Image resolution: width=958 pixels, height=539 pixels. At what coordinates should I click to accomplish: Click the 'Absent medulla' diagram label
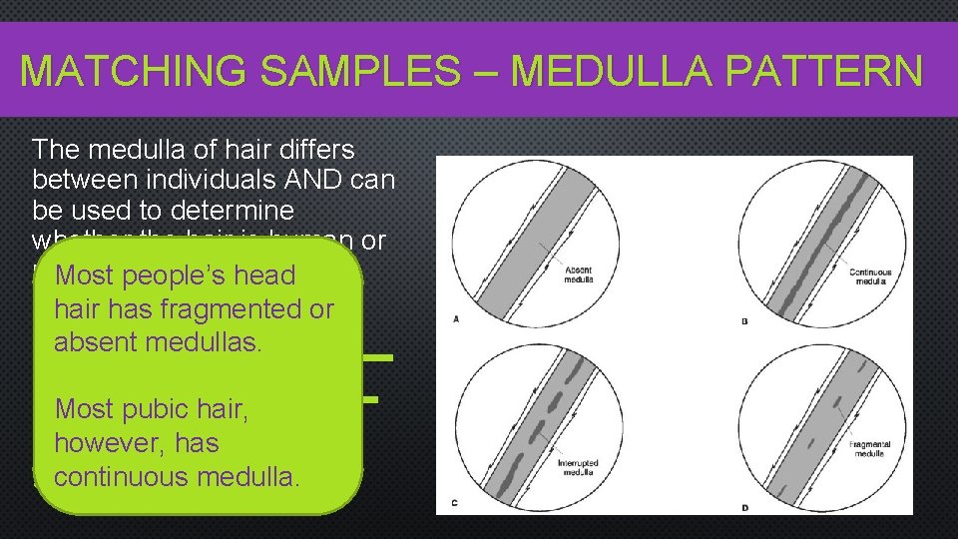(x=578, y=274)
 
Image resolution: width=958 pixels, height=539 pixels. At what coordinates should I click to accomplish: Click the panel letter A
(x=455, y=319)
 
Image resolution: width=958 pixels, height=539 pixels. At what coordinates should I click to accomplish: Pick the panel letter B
(x=745, y=319)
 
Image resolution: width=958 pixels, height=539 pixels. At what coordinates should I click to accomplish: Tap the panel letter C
(x=455, y=502)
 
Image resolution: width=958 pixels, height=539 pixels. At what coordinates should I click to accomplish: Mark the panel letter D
(x=745, y=509)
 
